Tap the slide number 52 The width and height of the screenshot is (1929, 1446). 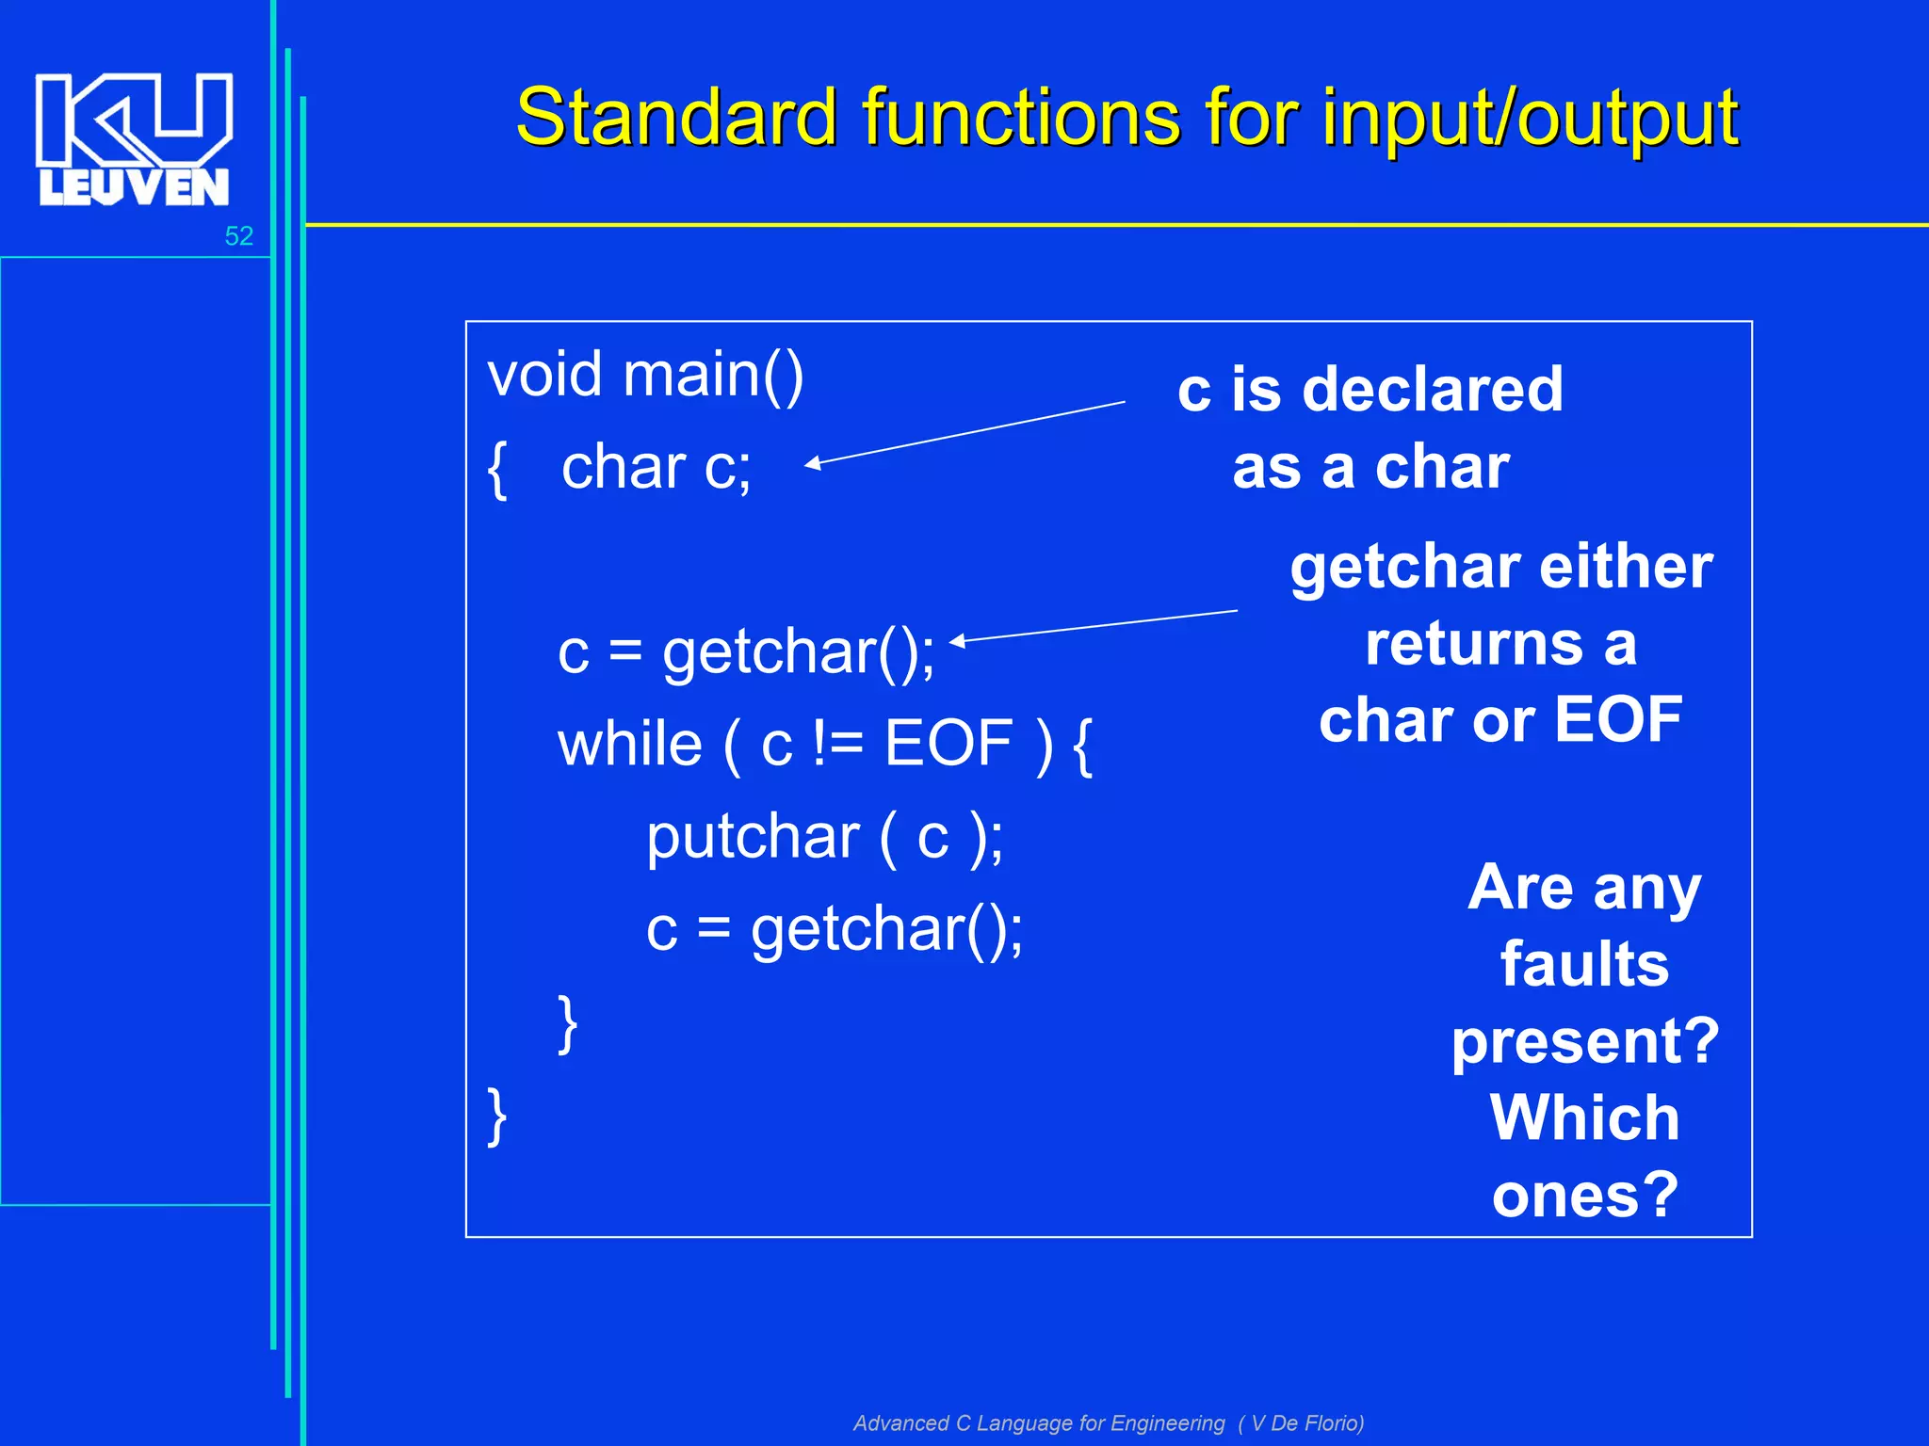(238, 236)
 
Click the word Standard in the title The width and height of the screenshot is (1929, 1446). (675, 118)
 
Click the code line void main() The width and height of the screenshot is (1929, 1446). (645, 375)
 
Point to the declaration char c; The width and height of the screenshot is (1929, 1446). (656, 467)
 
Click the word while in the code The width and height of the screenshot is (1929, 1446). (629, 744)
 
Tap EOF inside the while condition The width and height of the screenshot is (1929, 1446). (948, 744)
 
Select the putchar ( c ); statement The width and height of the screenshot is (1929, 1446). (824, 836)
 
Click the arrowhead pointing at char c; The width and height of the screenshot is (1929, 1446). (812, 462)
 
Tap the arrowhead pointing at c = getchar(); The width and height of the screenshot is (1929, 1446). (956, 641)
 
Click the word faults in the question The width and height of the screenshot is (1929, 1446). (1584, 964)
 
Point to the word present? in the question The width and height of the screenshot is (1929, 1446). (1584, 1041)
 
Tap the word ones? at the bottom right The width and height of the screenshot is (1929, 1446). (1584, 1195)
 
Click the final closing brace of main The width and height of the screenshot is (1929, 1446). (497, 1116)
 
